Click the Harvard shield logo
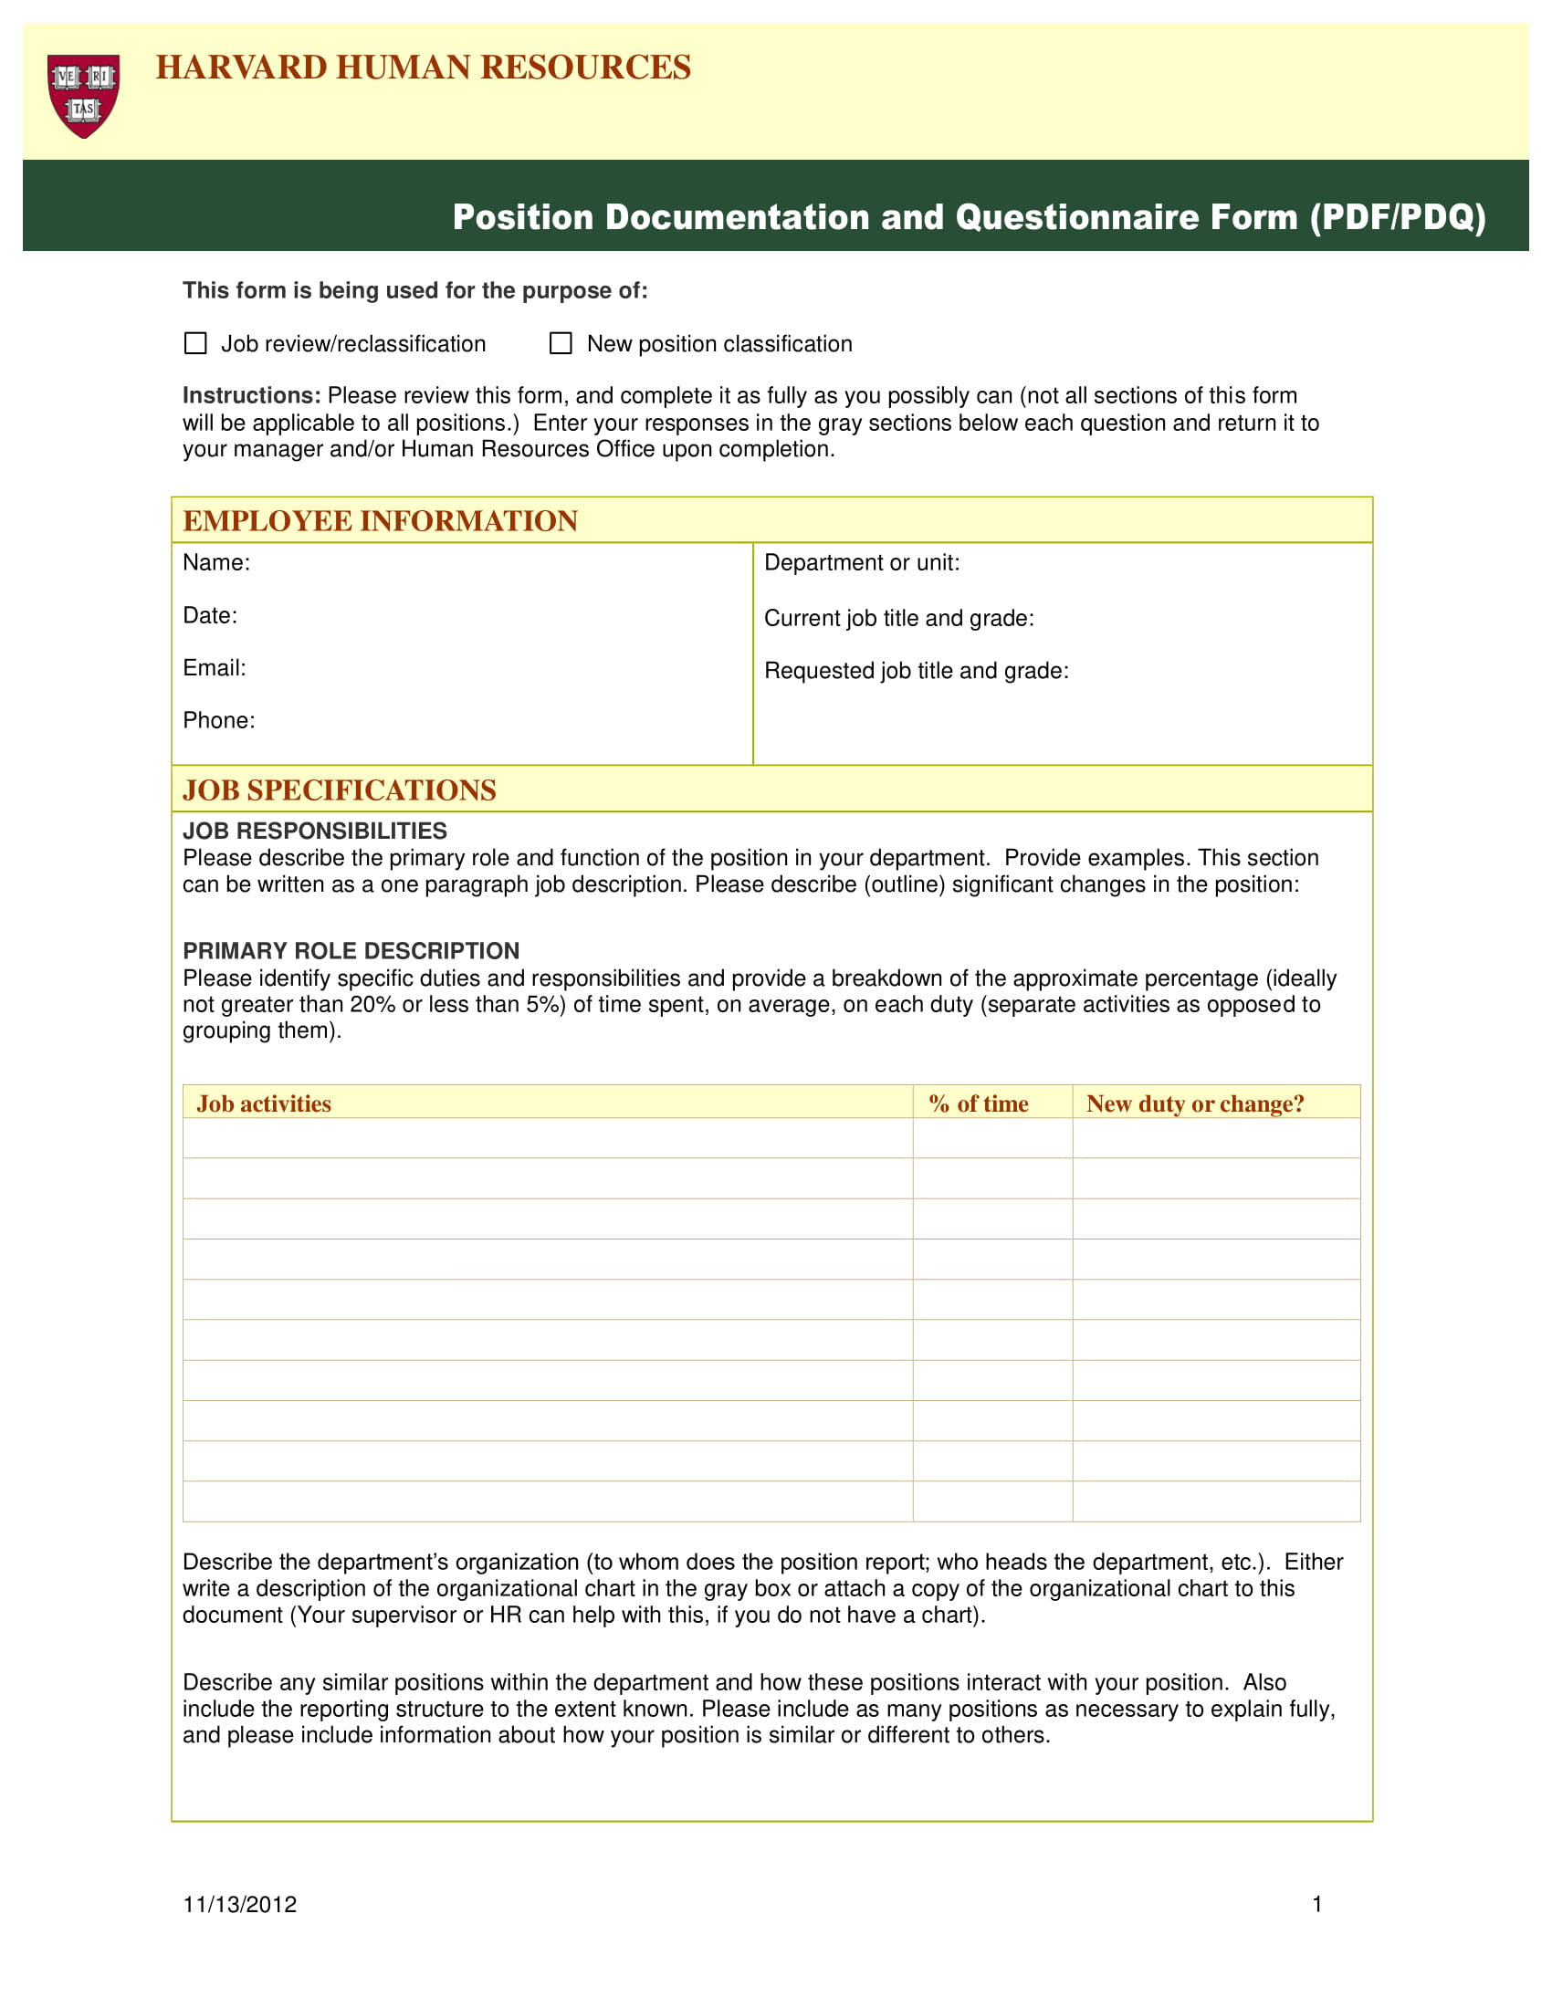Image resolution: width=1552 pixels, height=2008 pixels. point(84,96)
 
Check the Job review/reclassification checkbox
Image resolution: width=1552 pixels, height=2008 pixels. point(196,343)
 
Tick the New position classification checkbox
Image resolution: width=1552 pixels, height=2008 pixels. point(560,343)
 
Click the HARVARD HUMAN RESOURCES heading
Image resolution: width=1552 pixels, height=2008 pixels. point(423,68)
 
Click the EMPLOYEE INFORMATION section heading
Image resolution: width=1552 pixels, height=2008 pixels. point(380,520)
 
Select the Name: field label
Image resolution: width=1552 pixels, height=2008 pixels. point(216,562)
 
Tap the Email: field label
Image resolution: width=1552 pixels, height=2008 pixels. point(215,667)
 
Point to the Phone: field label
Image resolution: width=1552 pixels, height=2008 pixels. point(219,720)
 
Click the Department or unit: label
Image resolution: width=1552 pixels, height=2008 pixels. point(862,562)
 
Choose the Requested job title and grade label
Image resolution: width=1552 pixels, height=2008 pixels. point(916,670)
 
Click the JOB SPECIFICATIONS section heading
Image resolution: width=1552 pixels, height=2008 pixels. point(340,790)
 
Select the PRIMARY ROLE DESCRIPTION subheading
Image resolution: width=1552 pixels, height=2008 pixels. point(351,951)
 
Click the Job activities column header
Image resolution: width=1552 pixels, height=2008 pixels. point(264,1103)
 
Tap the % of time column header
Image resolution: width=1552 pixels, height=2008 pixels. point(979,1103)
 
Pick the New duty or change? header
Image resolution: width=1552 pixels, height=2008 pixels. point(1194,1103)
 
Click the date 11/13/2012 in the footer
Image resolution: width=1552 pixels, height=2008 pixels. point(240,1904)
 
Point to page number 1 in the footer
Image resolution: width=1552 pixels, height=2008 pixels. point(1316,1904)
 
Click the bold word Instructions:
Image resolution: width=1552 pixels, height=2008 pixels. point(251,395)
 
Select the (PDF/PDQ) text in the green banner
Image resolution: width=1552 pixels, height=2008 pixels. point(1397,217)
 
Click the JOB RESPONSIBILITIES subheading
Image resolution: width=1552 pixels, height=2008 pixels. point(314,831)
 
